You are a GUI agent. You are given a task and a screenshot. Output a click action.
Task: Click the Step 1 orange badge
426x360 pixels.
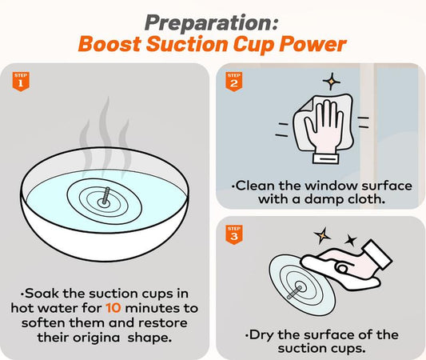[21, 82]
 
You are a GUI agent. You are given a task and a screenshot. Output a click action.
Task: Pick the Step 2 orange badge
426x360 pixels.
[234, 82]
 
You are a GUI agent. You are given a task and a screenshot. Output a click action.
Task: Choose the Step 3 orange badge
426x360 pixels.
[234, 234]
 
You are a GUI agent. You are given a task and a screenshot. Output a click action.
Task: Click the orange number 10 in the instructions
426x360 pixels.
[113, 308]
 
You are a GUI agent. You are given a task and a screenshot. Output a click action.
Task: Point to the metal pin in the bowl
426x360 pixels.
[106, 195]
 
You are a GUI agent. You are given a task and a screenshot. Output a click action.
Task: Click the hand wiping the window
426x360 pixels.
[321, 128]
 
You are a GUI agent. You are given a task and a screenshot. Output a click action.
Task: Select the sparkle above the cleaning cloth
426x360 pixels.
[331, 81]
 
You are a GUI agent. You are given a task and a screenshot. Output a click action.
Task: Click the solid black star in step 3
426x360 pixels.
[351, 240]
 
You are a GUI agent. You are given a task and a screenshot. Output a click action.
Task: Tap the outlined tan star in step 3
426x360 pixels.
[322, 235]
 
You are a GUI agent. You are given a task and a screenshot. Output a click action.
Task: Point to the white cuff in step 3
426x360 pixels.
[376, 254]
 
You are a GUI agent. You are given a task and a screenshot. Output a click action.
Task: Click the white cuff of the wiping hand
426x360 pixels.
[325, 158]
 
